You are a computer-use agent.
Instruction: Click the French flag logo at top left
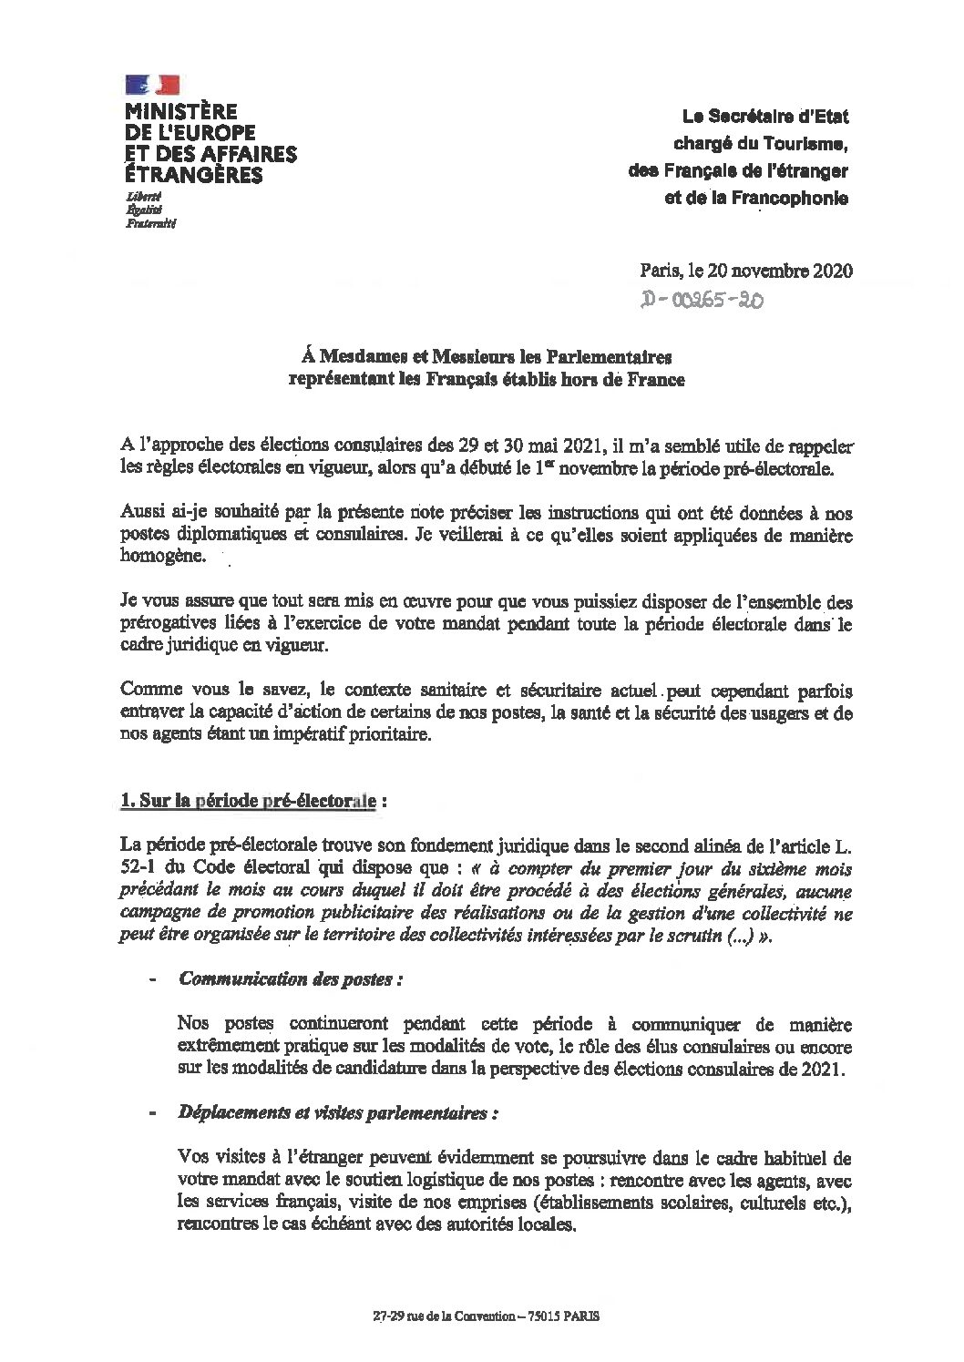pos(151,87)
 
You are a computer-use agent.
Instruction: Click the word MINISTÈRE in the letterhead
pos(180,112)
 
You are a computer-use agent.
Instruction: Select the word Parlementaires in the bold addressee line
pos(611,356)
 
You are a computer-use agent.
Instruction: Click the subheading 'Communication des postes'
pos(292,979)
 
